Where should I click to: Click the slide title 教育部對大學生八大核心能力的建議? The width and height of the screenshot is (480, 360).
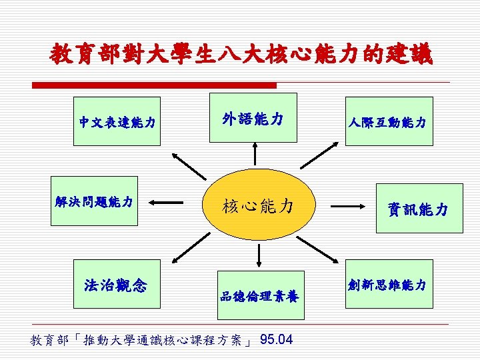point(240,54)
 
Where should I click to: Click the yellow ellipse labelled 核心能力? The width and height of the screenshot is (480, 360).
point(257,205)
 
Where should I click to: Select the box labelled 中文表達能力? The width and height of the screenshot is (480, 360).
point(117,122)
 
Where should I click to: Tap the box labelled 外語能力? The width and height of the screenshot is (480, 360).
point(253,119)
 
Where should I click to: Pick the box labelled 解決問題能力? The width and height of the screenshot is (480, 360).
point(95,201)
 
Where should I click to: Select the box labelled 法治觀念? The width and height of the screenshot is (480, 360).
point(117,285)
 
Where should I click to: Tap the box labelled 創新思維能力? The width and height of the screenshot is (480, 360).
point(388,284)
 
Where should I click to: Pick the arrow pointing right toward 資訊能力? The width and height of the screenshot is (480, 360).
point(348,207)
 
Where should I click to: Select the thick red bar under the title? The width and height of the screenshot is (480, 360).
point(154,85)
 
